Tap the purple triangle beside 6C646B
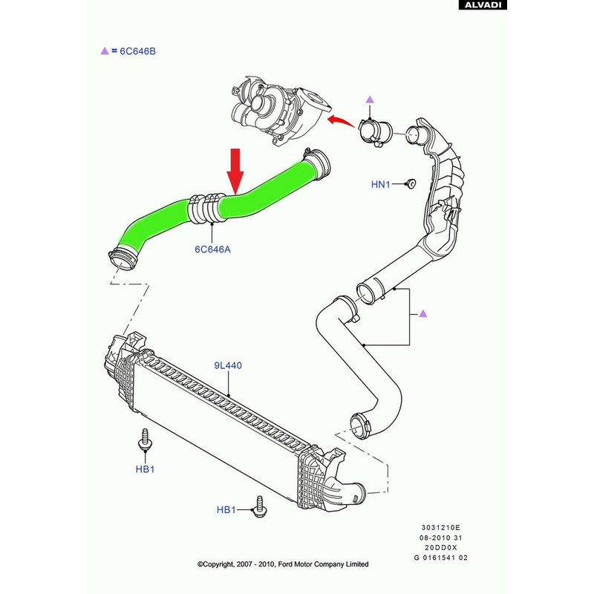pyautogui.click(x=104, y=51)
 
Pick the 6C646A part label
pyautogui.click(x=212, y=249)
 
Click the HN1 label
pyautogui.click(x=381, y=183)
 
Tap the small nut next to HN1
pyautogui.click(x=410, y=183)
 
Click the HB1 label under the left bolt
pyautogui.click(x=144, y=469)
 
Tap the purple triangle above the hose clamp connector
pyautogui.click(x=370, y=99)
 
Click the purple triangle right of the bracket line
pyautogui.click(x=422, y=314)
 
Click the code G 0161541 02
pyautogui.click(x=440, y=558)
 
